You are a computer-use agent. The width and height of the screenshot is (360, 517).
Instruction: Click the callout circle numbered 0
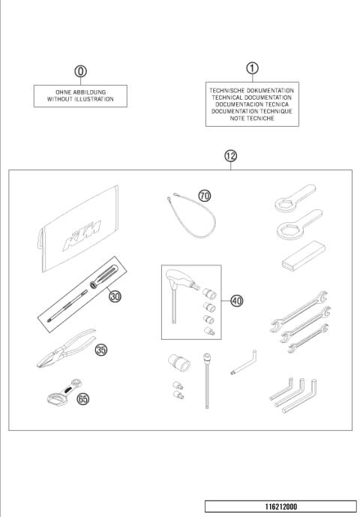tap(80, 71)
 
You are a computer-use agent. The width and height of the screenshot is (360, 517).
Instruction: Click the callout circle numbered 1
tap(252, 68)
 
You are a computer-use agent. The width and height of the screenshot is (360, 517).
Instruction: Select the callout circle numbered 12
tap(230, 156)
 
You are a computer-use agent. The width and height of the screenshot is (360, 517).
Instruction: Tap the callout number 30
tap(115, 296)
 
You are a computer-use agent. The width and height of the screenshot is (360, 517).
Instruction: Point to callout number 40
tap(237, 301)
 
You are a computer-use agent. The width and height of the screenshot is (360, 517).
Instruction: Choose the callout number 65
tap(82, 399)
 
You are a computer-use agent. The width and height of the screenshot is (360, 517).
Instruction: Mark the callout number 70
tap(205, 195)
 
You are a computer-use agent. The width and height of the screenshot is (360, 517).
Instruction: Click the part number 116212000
tap(281, 506)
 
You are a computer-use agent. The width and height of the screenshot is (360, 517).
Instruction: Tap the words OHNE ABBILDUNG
tap(80, 92)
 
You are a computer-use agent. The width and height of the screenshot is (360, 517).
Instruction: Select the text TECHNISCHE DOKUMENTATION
tap(252, 90)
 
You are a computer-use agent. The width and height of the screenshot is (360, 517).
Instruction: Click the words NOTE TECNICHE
tap(252, 118)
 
